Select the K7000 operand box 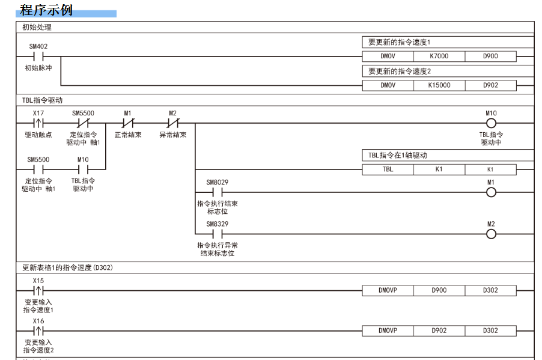(439, 56)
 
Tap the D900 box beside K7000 (490, 56)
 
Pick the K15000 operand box (439, 85)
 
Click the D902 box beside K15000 (490, 85)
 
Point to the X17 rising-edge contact (38, 123)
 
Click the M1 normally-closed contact (127, 123)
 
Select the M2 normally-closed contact (172, 123)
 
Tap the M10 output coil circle (491, 123)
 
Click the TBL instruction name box (388, 169)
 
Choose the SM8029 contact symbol (218, 192)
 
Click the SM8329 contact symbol (218, 234)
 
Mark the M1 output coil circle (491, 192)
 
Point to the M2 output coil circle (491, 234)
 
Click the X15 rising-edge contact (38, 290)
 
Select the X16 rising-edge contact (38, 331)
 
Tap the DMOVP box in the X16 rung (388, 331)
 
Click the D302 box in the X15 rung (490, 290)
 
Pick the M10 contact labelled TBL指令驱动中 (83, 169)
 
